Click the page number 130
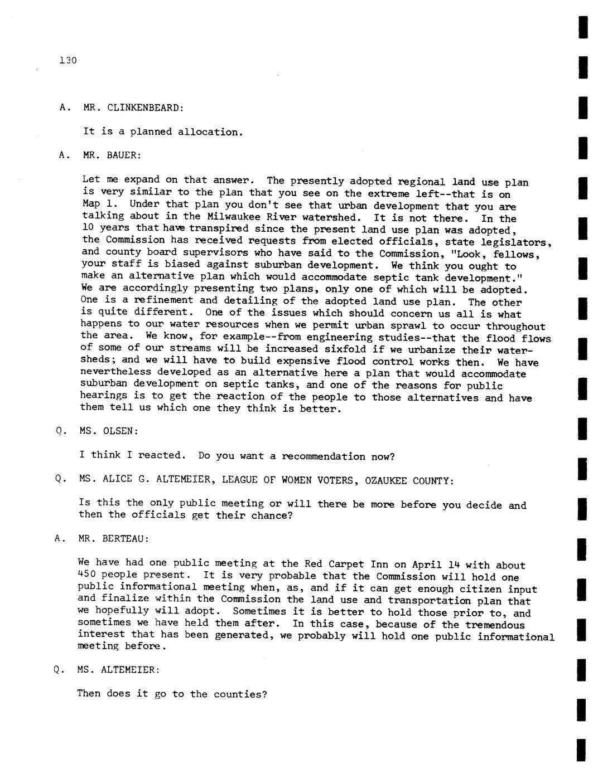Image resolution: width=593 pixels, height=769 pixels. (67, 61)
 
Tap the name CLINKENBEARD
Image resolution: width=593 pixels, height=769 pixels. (146, 108)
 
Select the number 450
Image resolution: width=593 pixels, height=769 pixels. (89, 575)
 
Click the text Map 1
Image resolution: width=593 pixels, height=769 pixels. (97, 204)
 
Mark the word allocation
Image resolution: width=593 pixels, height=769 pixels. (209, 132)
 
